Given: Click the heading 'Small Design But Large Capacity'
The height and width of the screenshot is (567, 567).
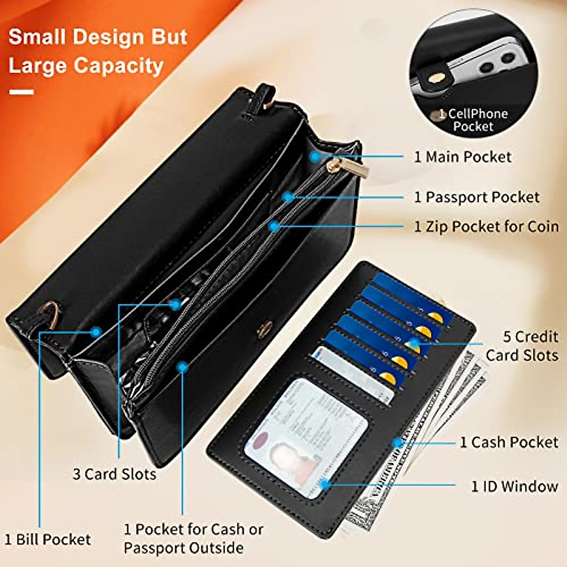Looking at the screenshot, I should tap(98, 51).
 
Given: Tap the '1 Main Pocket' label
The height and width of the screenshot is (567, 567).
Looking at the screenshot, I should tap(463, 157).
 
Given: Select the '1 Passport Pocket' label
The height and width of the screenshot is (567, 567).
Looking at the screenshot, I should tap(476, 197).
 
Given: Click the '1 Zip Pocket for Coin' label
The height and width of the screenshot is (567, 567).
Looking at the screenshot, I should tap(486, 227).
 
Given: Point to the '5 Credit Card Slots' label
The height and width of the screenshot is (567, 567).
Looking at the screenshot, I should tap(522, 346).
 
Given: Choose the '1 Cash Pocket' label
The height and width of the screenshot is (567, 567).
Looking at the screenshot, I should tap(509, 442).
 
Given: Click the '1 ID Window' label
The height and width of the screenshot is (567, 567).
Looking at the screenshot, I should tap(514, 486).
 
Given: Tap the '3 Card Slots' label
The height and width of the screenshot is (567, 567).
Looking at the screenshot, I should tap(114, 474).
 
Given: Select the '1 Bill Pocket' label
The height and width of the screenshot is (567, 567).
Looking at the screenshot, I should tap(48, 539).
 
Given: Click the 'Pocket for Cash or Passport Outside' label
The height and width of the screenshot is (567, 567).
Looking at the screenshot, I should tap(193, 539).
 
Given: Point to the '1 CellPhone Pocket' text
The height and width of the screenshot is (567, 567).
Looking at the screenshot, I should tap(472, 120).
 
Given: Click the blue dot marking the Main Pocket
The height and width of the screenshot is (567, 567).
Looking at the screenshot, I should tap(315, 156).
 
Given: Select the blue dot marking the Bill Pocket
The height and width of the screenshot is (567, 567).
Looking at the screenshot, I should tap(96, 332).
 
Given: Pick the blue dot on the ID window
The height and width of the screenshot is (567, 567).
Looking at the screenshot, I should tap(325, 484).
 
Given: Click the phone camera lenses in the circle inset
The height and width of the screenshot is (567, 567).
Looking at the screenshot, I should tap(496, 62).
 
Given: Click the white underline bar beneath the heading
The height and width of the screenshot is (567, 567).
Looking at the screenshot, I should tap(21, 92).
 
